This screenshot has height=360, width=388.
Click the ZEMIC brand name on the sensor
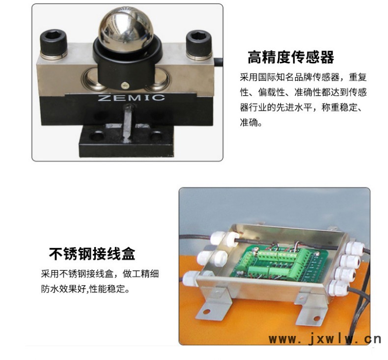click(x=132, y=97)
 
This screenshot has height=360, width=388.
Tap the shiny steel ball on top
click(x=126, y=28)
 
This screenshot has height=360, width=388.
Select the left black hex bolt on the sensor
click(x=54, y=44)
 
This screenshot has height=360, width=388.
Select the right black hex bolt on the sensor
click(x=199, y=45)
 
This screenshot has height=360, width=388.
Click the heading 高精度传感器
click(x=291, y=57)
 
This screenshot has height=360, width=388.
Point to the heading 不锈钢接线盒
click(x=92, y=253)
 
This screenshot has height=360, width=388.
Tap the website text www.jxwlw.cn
click(x=325, y=339)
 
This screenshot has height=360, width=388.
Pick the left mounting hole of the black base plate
click(x=96, y=137)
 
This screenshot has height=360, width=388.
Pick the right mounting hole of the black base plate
click(x=156, y=136)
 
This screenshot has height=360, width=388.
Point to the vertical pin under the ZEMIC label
click(x=128, y=123)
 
